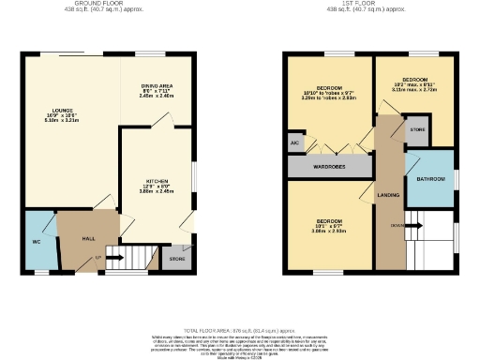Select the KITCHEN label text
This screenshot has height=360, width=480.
156,181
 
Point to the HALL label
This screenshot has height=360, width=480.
88,239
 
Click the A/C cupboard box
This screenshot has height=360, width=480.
294,144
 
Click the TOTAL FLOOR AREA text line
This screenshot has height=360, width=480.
239,330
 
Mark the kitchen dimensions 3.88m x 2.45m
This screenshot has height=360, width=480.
156,190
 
